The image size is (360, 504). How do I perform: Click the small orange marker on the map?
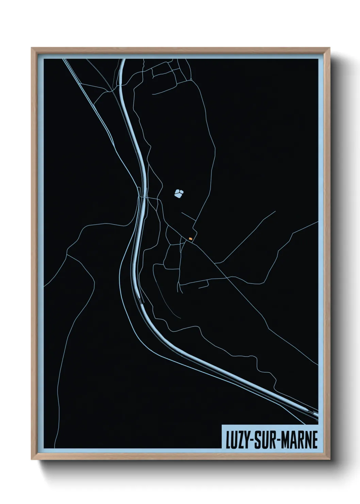191,239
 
